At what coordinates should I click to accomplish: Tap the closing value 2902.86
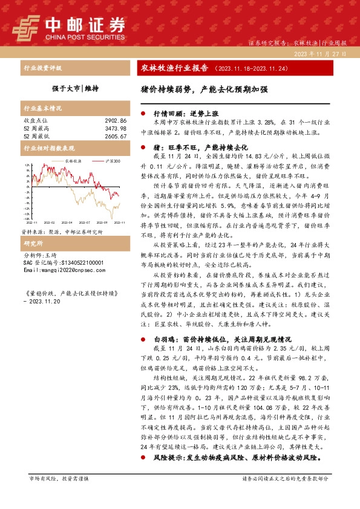click(x=114, y=122)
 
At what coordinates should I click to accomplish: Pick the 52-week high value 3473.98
click(x=114, y=128)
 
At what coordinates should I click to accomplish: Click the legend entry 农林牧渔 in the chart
click(x=73, y=161)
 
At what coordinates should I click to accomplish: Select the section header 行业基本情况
click(x=42, y=109)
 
